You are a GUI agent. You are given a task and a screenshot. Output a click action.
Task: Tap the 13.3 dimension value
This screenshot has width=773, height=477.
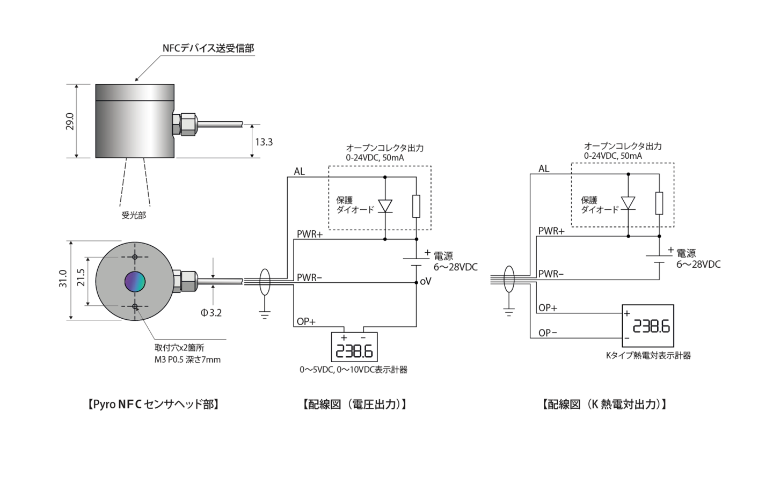[x=264, y=142]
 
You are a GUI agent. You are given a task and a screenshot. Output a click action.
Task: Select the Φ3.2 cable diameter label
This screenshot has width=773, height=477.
[x=211, y=312]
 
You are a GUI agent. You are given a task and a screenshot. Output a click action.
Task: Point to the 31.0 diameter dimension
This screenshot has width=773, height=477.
[x=63, y=280]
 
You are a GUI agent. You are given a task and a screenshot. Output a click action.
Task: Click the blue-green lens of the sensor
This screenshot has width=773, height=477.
[x=135, y=281]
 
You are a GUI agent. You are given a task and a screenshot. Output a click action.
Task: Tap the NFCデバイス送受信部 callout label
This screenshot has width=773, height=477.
[x=208, y=48]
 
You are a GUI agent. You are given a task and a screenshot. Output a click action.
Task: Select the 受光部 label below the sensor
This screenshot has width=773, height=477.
[x=134, y=216]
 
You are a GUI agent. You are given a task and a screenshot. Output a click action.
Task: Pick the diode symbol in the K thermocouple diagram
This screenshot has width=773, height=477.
[x=628, y=203]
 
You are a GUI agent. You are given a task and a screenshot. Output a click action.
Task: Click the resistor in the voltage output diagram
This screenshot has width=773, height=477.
[x=416, y=206]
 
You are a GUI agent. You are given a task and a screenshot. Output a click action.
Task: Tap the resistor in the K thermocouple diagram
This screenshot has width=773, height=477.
[x=659, y=203]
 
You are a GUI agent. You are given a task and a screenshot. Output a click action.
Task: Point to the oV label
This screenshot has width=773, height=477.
[x=426, y=281]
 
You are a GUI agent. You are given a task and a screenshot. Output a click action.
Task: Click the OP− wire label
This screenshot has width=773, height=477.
[x=548, y=333]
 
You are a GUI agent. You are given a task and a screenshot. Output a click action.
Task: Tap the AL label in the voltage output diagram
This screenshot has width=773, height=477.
[x=299, y=172]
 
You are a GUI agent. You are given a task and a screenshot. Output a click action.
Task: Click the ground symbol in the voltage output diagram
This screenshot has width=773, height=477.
[x=264, y=314]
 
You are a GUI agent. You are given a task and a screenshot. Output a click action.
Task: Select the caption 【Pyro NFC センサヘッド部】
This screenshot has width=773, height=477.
[x=153, y=404]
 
